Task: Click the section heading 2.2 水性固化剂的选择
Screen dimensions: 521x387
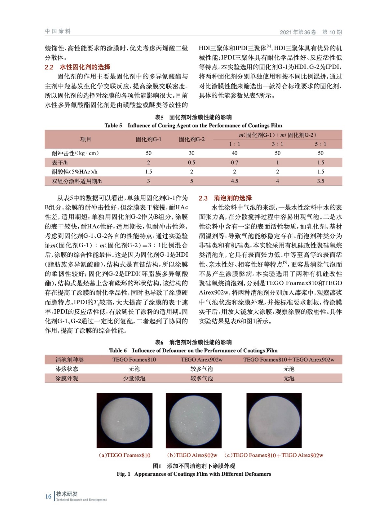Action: [78, 67]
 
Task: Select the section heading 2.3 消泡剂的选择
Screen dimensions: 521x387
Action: [225, 198]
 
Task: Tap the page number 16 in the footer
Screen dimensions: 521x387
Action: [48, 496]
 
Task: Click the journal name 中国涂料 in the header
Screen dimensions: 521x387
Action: [58, 31]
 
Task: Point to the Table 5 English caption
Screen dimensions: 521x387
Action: [193, 126]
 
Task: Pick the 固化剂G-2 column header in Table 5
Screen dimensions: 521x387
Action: [192, 139]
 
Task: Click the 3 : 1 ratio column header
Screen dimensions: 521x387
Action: [277, 144]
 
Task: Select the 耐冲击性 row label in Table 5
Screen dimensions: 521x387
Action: [75, 153]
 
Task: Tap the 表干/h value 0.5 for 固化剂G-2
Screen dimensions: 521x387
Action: [192, 162]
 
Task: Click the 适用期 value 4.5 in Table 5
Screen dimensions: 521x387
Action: [234, 181]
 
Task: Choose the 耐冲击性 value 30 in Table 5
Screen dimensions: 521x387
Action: [192, 153]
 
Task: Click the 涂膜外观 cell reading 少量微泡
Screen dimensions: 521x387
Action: [134, 378]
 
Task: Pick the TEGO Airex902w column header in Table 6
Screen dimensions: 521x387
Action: [201, 359]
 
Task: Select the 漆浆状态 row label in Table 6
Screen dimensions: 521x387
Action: [67, 369]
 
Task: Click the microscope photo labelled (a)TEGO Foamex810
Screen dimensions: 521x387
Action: [125, 420]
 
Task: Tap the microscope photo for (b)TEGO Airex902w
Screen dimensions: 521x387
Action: [193, 420]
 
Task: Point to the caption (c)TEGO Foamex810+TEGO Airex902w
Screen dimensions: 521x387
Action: [274, 455]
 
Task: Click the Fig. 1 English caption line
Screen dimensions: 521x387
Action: [194, 474]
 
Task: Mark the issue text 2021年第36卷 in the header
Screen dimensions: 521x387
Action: [298, 32]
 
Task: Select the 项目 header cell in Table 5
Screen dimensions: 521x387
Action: [86, 139]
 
